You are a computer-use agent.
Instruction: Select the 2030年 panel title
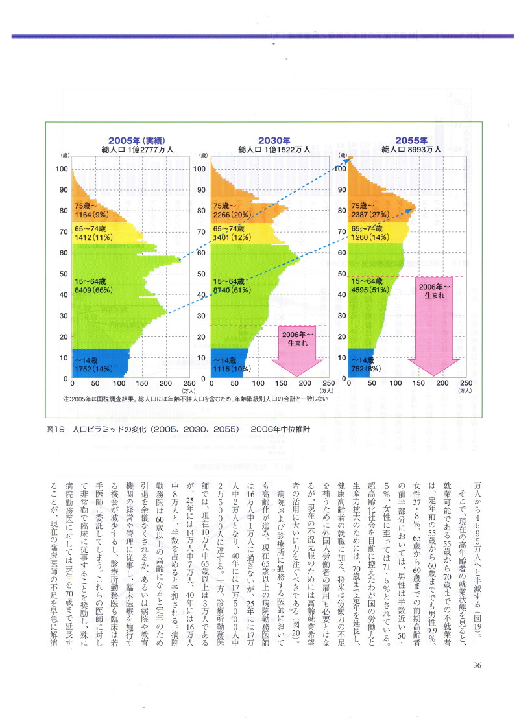(273, 140)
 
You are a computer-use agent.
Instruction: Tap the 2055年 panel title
(411, 140)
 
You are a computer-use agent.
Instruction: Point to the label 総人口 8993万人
(411, 149)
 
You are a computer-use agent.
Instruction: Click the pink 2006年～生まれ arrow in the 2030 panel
(296, 350)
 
